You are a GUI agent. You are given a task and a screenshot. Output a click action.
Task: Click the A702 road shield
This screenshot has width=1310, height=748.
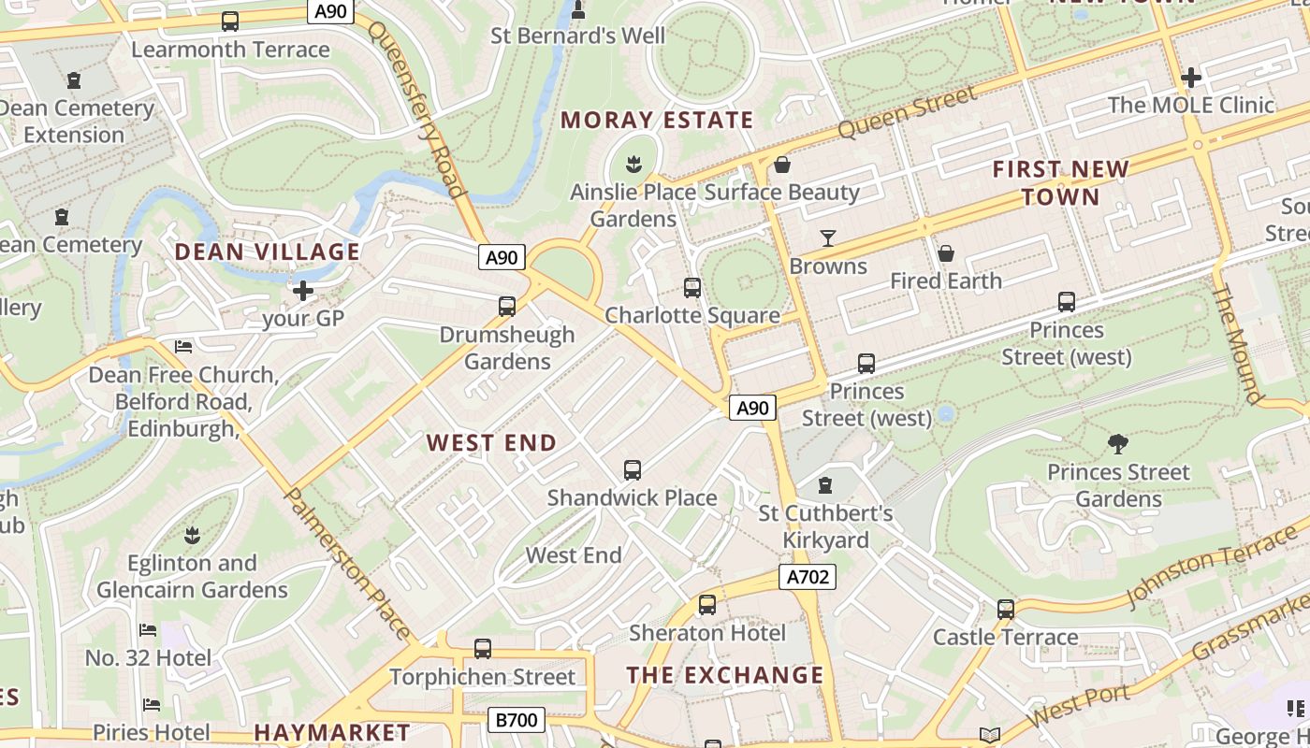point(807,577)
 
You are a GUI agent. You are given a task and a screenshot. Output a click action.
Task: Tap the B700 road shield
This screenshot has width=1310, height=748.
point(516,720)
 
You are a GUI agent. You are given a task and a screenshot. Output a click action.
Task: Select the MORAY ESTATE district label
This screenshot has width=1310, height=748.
point(657,120)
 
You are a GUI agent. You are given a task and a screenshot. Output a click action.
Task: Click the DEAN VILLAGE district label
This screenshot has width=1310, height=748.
point(268,252)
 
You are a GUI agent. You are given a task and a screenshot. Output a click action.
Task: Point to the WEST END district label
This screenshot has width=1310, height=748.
point(492,443)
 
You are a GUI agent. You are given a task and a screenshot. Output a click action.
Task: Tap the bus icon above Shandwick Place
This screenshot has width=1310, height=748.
point(633,470)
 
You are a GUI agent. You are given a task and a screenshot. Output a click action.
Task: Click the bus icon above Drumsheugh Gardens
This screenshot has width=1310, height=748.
point(507,307)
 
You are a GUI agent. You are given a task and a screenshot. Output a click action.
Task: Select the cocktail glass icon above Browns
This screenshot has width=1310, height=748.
point(828,238)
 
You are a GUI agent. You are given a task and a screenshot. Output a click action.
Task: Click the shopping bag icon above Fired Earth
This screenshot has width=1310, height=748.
point(946,253)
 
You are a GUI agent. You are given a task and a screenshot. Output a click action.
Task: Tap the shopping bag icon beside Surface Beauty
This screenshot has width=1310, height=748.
point(782,165)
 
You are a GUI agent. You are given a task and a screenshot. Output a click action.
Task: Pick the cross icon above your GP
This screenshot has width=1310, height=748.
point(303,291)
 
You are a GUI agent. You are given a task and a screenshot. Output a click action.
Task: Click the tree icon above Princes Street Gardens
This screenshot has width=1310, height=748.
point(1117,444)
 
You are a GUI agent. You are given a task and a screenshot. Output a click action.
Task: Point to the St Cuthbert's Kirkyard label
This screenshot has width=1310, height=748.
point(825,526)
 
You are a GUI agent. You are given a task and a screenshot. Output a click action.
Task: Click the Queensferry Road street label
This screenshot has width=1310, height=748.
point(417,108)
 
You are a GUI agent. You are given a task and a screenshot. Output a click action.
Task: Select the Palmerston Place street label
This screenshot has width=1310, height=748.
point(347,563)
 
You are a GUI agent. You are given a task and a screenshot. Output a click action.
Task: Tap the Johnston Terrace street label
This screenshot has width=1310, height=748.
point(1211,566)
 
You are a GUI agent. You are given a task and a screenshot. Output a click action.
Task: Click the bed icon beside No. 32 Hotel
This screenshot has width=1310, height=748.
point(148,630)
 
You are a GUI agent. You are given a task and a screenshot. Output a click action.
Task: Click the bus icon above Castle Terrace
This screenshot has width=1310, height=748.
point(1006,610)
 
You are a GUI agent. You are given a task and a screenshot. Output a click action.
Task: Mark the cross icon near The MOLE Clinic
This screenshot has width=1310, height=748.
point(1191,78)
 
